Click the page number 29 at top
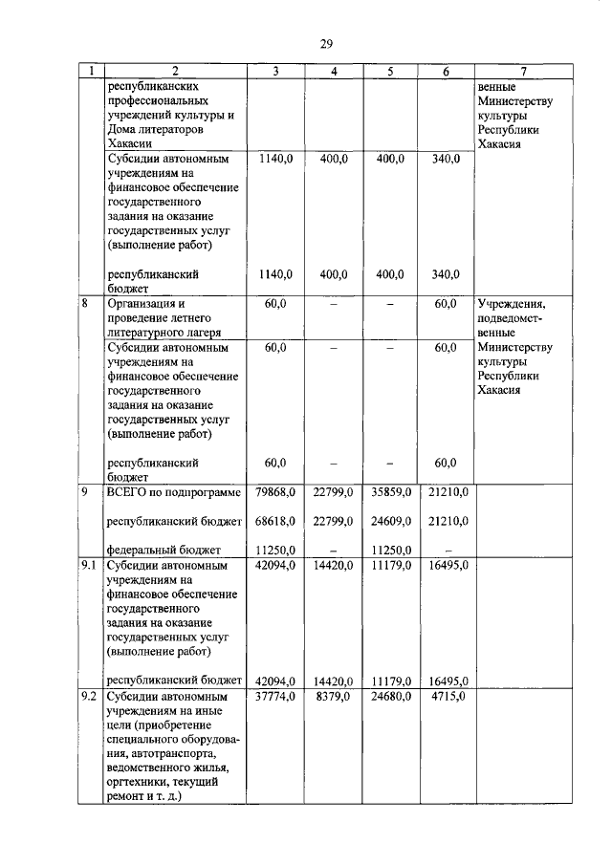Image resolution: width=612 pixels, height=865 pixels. coord(325,43)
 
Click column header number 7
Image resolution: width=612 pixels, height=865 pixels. coord(523,71)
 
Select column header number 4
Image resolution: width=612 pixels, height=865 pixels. coord(333,71)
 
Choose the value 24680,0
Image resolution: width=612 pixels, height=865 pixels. coord(391,697)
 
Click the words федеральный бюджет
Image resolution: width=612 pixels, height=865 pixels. coord(164,550)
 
